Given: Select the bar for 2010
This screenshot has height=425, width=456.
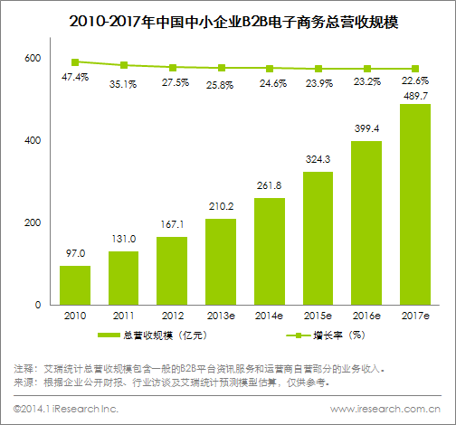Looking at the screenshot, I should click(75, 285).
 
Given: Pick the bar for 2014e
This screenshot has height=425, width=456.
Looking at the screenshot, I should click(270, 251).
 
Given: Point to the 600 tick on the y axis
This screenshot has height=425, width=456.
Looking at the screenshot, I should click(33, 59).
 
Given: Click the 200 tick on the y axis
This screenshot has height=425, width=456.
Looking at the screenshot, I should click(33, 223).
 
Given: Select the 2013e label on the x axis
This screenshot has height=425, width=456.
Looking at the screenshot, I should click(221, 316).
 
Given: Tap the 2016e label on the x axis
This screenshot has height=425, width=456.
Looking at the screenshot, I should click(366, 316).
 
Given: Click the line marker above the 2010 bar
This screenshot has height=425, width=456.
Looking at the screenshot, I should click(75, 61).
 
